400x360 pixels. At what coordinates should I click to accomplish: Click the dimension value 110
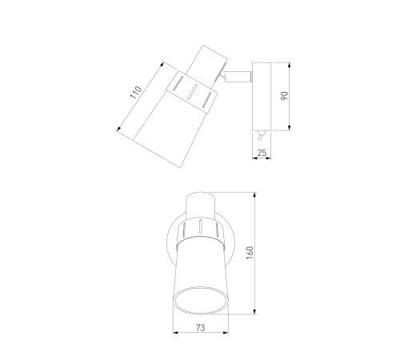point(136,92)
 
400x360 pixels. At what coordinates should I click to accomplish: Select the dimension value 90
point(285,96)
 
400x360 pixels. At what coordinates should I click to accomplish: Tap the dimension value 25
point(262,153)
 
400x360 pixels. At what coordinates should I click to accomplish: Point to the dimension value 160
point(250,253)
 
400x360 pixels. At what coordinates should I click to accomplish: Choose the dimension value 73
point(200,328)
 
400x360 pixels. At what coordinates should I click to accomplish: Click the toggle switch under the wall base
point(261,135)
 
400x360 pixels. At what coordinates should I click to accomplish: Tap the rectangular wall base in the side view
point(262,97)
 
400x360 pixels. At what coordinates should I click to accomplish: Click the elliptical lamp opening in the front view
point(201,301)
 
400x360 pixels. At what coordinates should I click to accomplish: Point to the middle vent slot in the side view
point(193,92)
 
